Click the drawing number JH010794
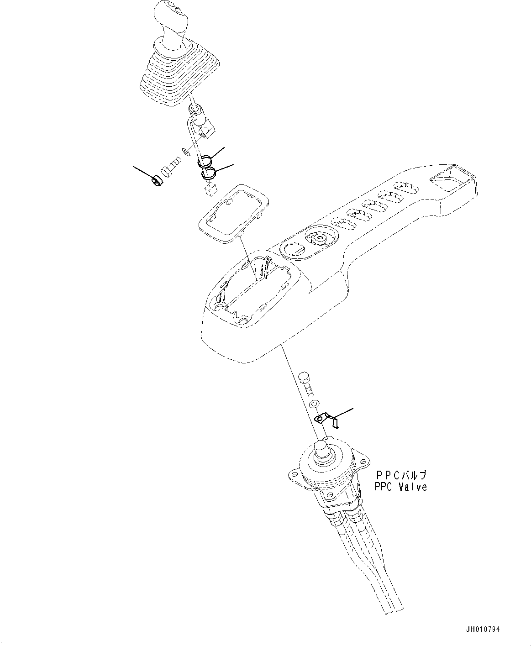point(483,630)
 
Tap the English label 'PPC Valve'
point(400,487)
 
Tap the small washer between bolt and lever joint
point(185,151)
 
